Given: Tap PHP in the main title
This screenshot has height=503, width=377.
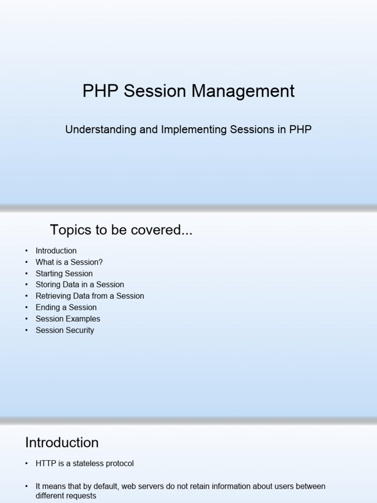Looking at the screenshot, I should (100, 91).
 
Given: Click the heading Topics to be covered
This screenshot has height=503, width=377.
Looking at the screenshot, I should (121, 230).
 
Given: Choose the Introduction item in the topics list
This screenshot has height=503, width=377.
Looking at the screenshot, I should (56, 251).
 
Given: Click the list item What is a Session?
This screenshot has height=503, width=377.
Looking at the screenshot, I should (69, 262).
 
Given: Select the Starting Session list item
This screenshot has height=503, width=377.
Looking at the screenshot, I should (64, 273).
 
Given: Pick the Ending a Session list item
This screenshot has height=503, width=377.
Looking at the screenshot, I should (66, 307).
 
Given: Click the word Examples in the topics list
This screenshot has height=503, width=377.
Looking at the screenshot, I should (83, 319).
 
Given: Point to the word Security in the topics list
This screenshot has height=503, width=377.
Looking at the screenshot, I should (80, 330).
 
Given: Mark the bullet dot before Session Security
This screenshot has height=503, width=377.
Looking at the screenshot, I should (27, 330).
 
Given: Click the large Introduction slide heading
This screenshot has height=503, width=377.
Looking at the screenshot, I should (62, 443).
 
